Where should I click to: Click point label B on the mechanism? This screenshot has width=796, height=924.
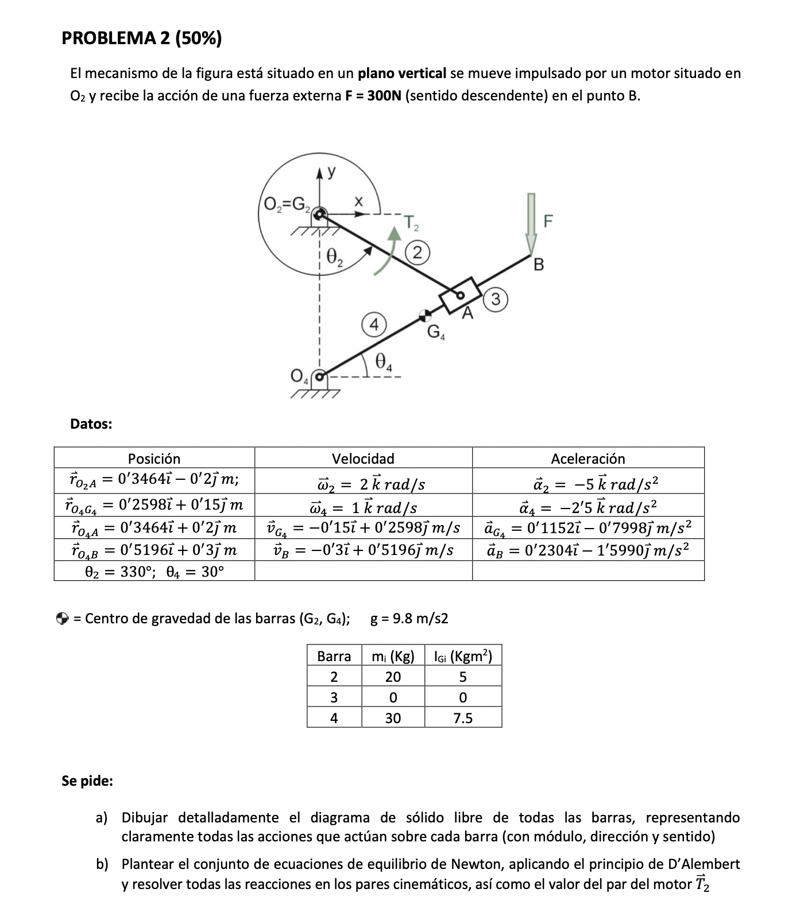538,265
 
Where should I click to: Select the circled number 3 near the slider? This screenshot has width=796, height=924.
497,299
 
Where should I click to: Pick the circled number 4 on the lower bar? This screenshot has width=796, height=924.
373,325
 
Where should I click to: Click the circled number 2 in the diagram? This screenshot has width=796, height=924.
418,253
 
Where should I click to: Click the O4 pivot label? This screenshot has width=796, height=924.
299,376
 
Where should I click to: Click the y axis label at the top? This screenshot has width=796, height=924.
331,171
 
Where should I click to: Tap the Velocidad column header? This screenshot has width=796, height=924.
363,458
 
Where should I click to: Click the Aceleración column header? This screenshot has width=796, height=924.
588,458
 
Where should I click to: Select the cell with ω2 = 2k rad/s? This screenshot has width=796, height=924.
363,483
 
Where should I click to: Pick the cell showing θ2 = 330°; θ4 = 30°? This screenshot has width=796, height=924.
154,572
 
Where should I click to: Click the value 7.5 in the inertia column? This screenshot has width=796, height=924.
462,718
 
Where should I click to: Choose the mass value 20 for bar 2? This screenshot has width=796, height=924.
393,677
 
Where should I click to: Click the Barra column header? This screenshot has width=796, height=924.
334,656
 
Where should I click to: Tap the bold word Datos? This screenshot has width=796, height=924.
91,424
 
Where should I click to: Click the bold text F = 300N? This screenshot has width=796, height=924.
373,96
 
